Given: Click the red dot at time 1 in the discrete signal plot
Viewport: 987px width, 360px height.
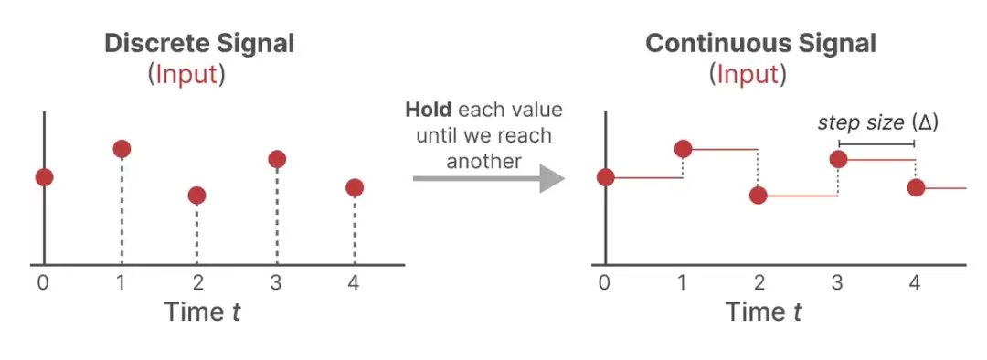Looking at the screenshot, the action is pyautogui.click(x=122, y=149).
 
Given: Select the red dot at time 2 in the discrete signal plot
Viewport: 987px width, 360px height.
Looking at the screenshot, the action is pyautogui.click(x=197, y=196).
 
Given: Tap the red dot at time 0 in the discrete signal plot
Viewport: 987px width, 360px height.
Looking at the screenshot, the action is pyautogui.click(x=44, y=177).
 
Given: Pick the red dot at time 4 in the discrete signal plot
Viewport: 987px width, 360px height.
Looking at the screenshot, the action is pyautogui.click(x=355, y=187).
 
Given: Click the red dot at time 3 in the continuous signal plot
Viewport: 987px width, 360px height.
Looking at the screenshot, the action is pyautogui.click(x=838, y=159).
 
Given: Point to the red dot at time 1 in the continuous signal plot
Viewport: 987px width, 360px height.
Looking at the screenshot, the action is pyautogui.click(x=683, y=149).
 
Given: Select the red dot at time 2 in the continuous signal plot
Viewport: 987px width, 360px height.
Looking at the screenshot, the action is pyautogui.click(x=759, y=196).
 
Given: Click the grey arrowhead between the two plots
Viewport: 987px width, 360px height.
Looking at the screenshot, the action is pyautogui.click(x=552, y=179).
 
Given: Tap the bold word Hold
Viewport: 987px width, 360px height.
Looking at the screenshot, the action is pyautogui.click(x=428, y=111).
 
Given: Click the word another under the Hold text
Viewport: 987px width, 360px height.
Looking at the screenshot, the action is pyautogui.click(x=483, y=161).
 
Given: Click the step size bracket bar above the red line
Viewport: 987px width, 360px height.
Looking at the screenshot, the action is pyautogui.click(x=876, y=144).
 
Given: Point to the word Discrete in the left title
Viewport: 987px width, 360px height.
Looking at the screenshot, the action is pyautogui.click(x=158, y=44).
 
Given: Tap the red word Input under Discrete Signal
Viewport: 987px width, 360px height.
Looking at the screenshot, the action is pyautogui.click(x=186, y=75).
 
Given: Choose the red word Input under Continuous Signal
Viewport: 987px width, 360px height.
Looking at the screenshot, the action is pyautogui.click(x=748, y=75).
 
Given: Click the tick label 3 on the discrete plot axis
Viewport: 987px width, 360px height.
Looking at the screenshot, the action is pyautogui.click(x=276, y=283).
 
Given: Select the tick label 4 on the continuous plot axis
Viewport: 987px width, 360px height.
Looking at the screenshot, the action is pyautogui.click(x=915, y=283).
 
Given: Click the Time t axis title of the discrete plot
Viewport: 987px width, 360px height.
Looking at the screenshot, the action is pyautogui.click(x=201, y=312).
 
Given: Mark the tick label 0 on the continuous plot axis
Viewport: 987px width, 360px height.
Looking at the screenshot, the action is pyautogui.click(x=605, y=283).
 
